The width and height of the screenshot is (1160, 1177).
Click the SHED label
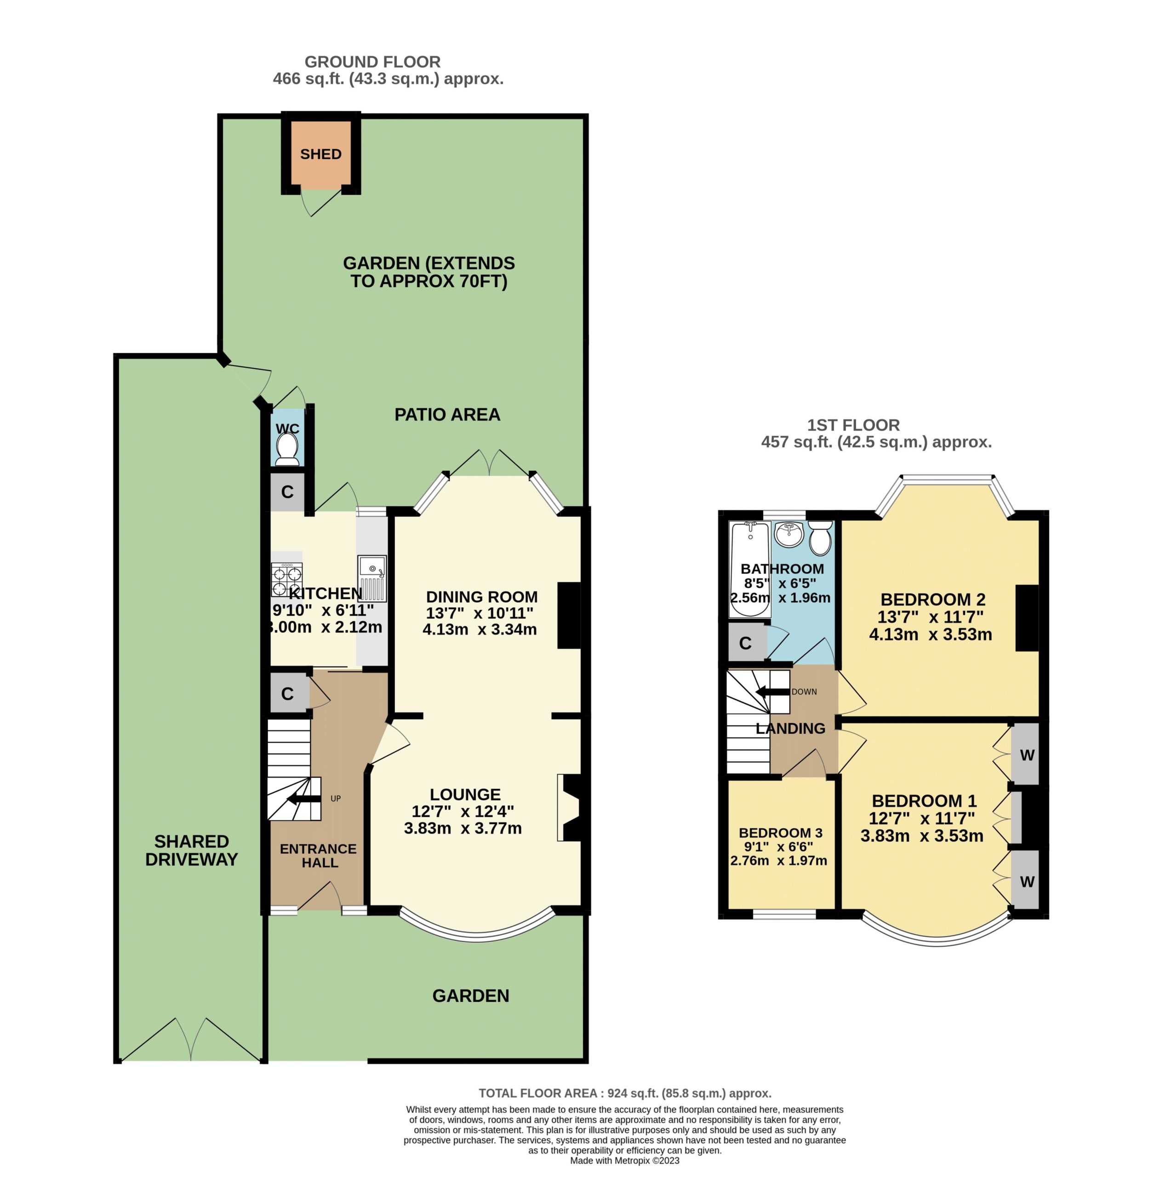pyautogui.click(x=320, y=154)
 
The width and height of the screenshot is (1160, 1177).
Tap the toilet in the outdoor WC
pyautogui.click(x=287, y=450)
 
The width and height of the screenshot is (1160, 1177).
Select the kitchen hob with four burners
pyautogui.click(x=287, y=580)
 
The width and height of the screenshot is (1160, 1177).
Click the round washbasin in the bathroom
pyautogui.click(x=789, y=534)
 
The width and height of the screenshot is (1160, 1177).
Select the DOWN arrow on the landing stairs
pyautogui.click(x=772, y=691)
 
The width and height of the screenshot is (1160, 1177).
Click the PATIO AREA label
pyautogui.click(x=447, y=415)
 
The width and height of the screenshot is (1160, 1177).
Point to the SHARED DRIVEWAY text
pyautogui.click(x=191, y=851)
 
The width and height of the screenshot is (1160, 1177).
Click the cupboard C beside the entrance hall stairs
pyautogui.click(x=287, y=693)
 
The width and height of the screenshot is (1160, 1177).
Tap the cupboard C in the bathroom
pyautogui.click(x=745, y=643)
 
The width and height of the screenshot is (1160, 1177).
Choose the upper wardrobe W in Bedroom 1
pyautogui.click(x=1027, y=755)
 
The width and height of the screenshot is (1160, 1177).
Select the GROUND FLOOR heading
pyautogui.click(x=372, y=62)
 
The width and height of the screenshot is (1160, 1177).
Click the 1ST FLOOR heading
pyautogui.click(x=853, y=425)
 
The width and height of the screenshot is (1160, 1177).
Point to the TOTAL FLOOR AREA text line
pyautogui.click(x=625, y=1093)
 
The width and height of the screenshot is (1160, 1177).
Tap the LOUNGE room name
pyautogui.click(x=465, y=794)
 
